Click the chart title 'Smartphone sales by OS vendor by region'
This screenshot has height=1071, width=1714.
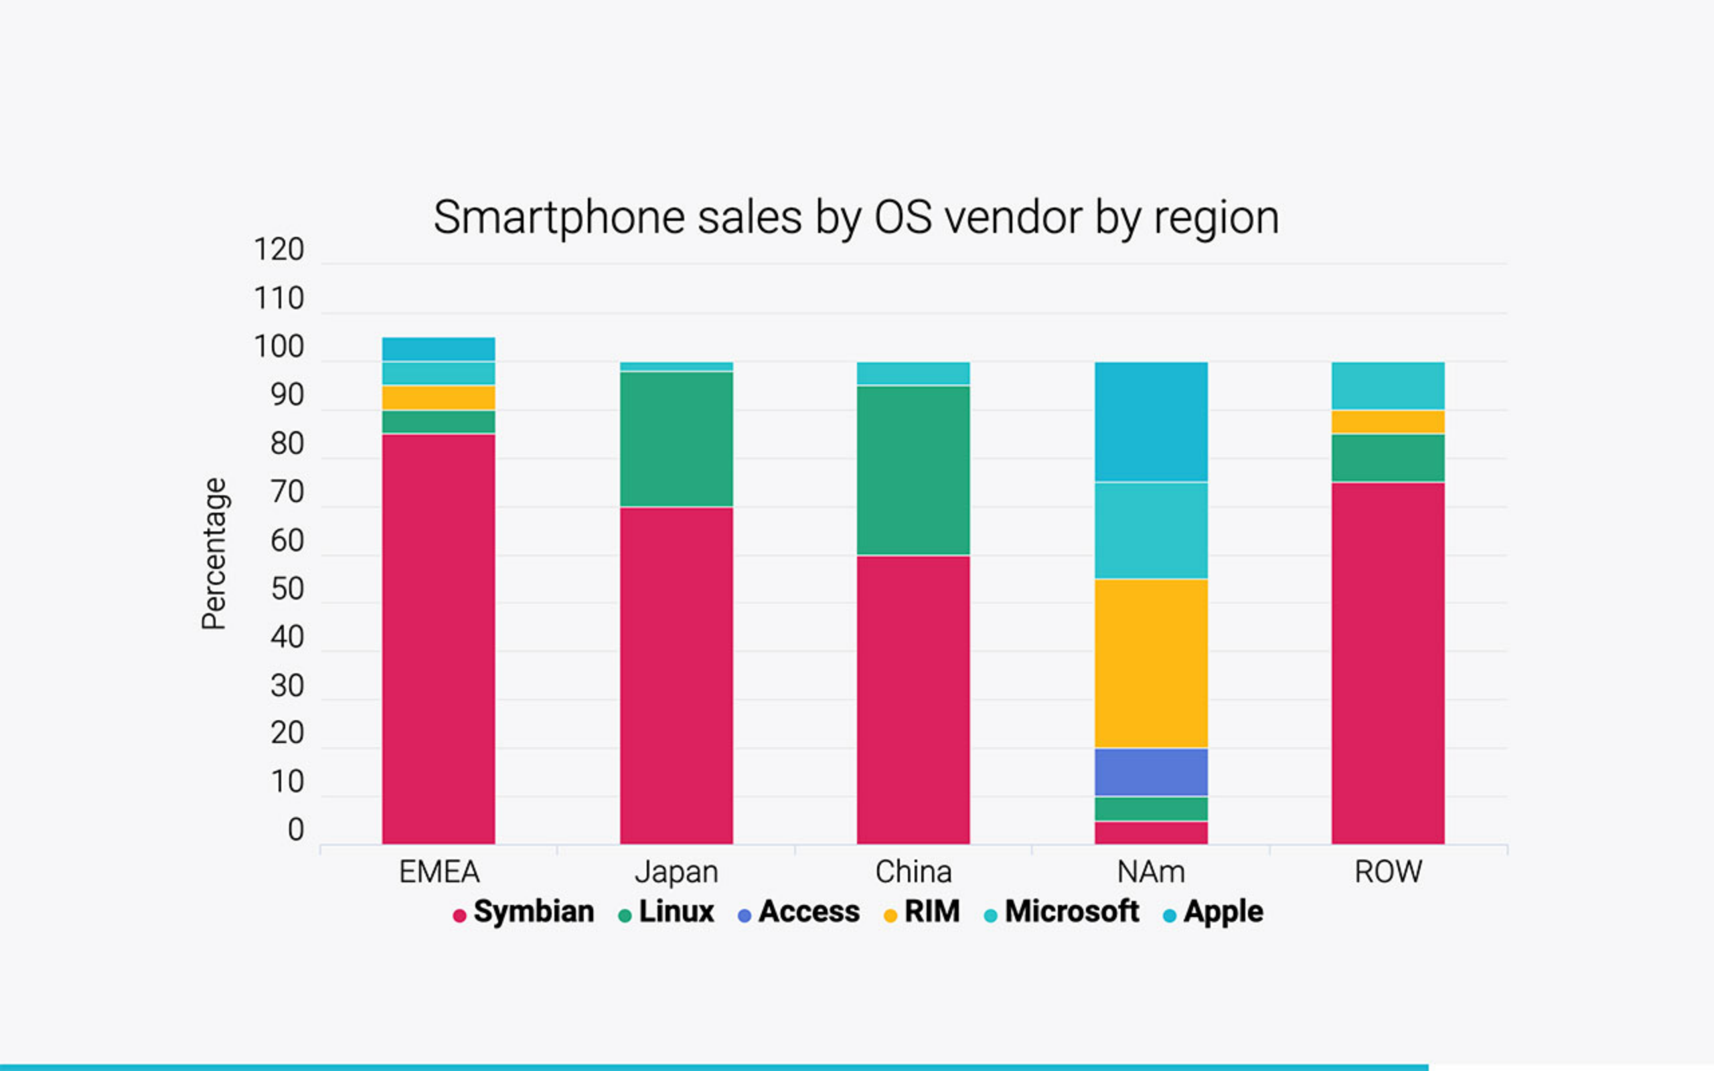pyautogui.click(x=856, y=218)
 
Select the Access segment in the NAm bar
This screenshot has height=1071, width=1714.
pyautogui.click(x=1151, y=772)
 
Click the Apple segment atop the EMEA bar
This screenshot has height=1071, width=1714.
pyautogui.click(x=439, y=349)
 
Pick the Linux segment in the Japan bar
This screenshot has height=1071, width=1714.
pyautogui.click(x=676, y=439)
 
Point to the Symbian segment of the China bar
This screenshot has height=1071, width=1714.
pyautogui.click(x=913, y=700)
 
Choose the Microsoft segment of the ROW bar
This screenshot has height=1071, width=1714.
pyautogui.click(x=1387, y=386)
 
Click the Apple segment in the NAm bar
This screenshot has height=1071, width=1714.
pyautogui.click(x=1151, y=422)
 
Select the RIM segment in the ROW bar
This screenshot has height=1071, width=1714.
pyautogui.click(x=1387, y=422)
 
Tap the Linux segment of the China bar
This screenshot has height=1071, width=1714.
pyautogui.click(x=913, y=471)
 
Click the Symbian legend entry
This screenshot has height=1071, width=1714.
pyautogui.click(x=524, y=912)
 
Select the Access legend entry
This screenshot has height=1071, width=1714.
pyautogui.click(x=799, y=912)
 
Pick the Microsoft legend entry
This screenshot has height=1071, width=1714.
pyautogui.click(x=1063, y=912)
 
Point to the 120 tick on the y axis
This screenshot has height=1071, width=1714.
pyautogui.click(x=279, y=250)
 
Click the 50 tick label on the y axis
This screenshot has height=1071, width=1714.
pyautogui.click(x=287, y=589)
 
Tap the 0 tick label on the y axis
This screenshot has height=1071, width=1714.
pyautogui.click(x=295, y=830)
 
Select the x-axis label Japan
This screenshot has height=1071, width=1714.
pyautogui.click(x=676, y=872)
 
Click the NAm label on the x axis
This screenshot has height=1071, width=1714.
pyautogui.click(x=1151, y=872)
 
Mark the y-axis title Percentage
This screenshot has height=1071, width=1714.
pyautogui.click(x=214, y=554)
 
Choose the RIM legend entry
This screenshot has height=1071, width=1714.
pyautogui.click(x=922, y=912)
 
